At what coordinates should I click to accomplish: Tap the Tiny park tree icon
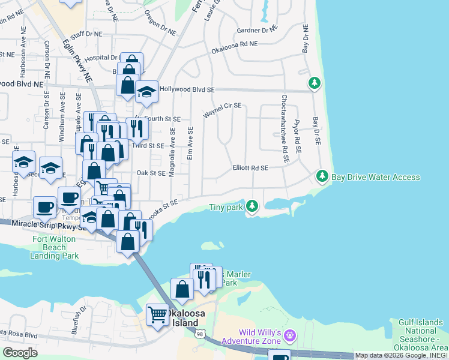(x=252, y=206)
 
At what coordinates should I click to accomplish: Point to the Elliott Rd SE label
(x=250, y=169)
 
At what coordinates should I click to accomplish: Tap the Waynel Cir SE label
(x=222, y=109)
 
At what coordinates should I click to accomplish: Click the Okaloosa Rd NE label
(x=234, y=46)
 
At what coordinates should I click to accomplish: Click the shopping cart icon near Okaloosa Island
(x=157, y=314)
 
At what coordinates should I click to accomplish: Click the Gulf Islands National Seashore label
(x=420, y=335)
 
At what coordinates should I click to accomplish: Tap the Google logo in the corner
(x=20, y=353)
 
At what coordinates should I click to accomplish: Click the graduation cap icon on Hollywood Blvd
(x=146, y=92)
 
